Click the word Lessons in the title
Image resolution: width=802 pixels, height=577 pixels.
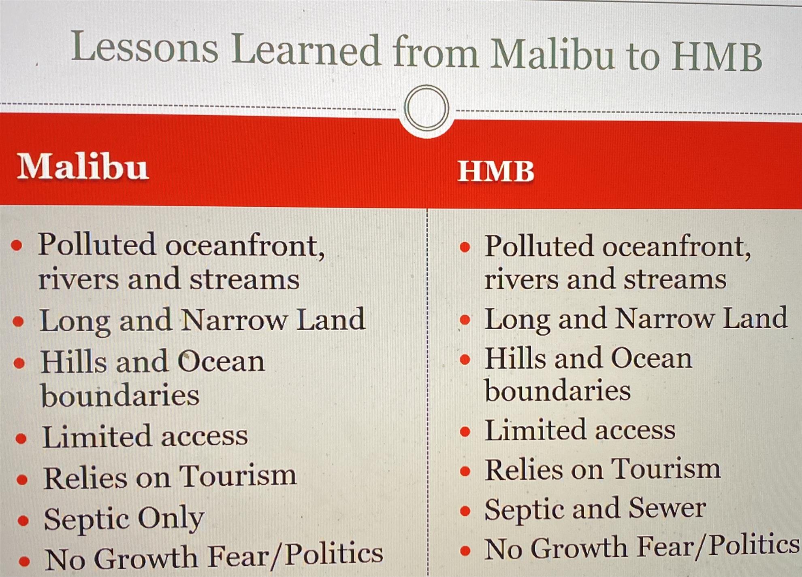tap(145, 48)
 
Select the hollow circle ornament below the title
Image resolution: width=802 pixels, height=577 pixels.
tap(427, 108)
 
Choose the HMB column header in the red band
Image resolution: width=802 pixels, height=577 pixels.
tap(496, 171)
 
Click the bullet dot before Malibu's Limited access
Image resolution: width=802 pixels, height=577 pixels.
tap(21, 439)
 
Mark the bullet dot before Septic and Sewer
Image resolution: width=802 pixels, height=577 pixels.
tap(465, 511)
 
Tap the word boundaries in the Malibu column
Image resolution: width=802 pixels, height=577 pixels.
tap(120, 395)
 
